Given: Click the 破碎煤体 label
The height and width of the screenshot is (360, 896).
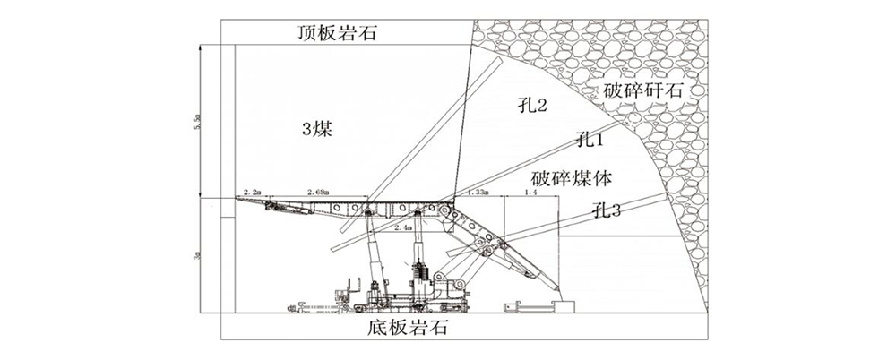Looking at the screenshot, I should [x=571, y=178].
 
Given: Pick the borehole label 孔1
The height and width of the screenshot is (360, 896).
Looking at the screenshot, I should [x=590, y=139].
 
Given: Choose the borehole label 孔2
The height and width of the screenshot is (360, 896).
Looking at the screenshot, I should [x=532, y=106].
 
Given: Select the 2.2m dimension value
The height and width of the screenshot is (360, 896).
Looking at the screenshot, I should [x=251, y=193].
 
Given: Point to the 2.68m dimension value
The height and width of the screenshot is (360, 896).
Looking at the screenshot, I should [x=318, y=193].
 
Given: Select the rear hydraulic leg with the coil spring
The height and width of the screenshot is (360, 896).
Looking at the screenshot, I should [x=418, y=264].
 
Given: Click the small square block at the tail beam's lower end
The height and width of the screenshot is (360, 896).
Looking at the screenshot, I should [x=564, y=306].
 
